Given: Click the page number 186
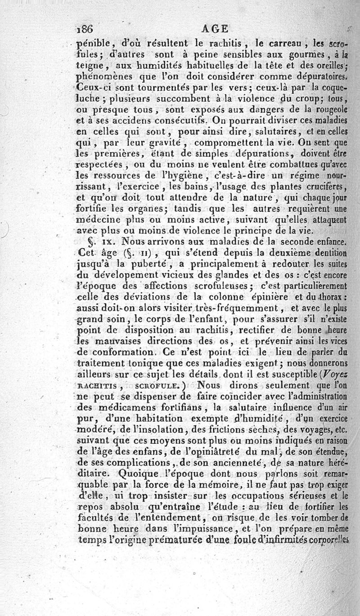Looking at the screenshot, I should pos(84,29).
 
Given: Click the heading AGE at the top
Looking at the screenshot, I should pos(215,29).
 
